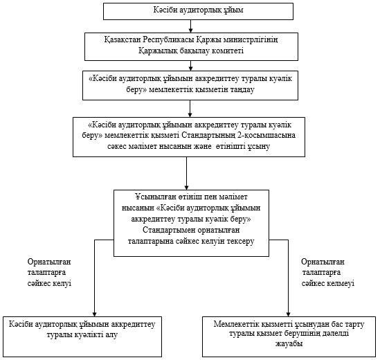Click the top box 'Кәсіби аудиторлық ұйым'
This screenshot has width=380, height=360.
[198, 11]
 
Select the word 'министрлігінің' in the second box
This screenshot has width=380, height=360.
[251, 39]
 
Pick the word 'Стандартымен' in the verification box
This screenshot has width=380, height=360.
[169, 230]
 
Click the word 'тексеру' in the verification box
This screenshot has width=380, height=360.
[240, 241]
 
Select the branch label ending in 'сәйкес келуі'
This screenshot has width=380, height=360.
[49, 273]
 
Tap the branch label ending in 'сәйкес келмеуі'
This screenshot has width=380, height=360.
[328, 273]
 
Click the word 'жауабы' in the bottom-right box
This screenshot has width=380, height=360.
[289, 344]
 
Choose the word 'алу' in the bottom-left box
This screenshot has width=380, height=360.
[111, 335]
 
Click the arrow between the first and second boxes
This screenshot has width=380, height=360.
[191, 26]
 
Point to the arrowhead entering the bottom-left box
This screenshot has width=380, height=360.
[95, 314]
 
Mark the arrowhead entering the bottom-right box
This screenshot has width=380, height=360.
[289, 314]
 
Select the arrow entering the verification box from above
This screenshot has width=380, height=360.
[186, 173]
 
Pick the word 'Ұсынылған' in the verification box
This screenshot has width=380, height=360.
[156, 197]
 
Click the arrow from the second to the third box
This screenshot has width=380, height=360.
[191, 66]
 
